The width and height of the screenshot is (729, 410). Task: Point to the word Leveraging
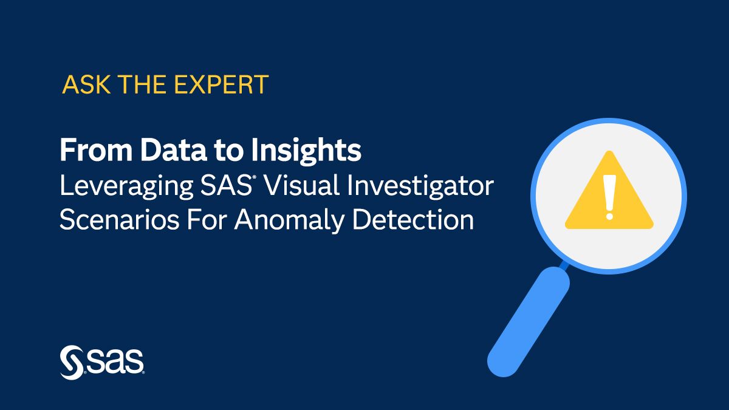(x=122, y=186)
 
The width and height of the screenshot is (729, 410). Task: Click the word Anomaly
(x=289, y=220)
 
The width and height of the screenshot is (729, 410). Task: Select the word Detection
(x=413, y=219)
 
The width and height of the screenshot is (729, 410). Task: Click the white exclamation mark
(x=609, y=196)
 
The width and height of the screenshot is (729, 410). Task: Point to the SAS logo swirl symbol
(x=70, y=363)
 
